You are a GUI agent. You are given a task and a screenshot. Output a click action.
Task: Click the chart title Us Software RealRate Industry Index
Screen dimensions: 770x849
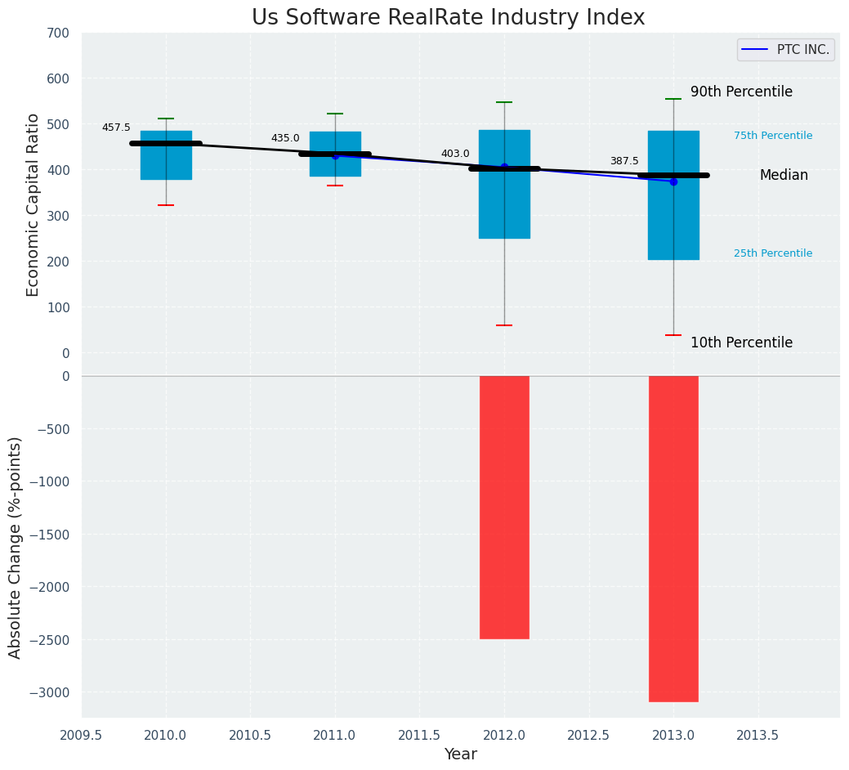(x=448, y=18)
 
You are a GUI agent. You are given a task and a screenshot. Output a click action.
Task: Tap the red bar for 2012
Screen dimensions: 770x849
(x=504, y=507)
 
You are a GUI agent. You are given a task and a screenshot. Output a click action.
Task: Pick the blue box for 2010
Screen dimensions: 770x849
(x=166, y=163)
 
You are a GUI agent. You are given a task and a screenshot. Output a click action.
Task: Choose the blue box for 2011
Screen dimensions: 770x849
(x=335, y=163)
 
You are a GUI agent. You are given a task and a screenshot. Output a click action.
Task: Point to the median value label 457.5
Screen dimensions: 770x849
(x=116, y=128)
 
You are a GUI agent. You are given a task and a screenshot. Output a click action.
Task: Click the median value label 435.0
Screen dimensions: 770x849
(x=285, y=138)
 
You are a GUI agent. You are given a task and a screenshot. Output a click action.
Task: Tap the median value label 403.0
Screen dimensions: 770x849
(x=455, y=154)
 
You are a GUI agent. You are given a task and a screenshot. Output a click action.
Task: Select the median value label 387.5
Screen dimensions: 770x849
(x=624, y=161)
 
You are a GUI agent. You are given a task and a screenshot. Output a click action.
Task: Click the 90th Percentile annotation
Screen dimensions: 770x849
(x=741, y=92)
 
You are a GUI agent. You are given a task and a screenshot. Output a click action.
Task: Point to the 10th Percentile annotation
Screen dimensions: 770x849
(x=741, y=342)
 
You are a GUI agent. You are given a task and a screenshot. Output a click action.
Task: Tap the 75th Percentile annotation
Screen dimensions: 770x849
(x=773, y=136)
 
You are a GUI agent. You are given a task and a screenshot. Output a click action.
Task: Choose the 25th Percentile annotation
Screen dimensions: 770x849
(x=773, y=253)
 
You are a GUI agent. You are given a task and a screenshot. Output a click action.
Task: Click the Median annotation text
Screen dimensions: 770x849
(x=784, y=175)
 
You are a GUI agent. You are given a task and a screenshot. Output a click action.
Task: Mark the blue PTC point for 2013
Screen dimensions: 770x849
(x=673, y=181)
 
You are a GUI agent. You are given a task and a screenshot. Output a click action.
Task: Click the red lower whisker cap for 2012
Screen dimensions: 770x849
(x=504, y=325)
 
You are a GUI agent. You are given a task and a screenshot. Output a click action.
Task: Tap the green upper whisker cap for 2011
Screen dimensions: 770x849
(x=335, y=114)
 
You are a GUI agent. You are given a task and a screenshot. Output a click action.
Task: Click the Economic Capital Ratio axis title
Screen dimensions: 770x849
(x=34, y=204)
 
